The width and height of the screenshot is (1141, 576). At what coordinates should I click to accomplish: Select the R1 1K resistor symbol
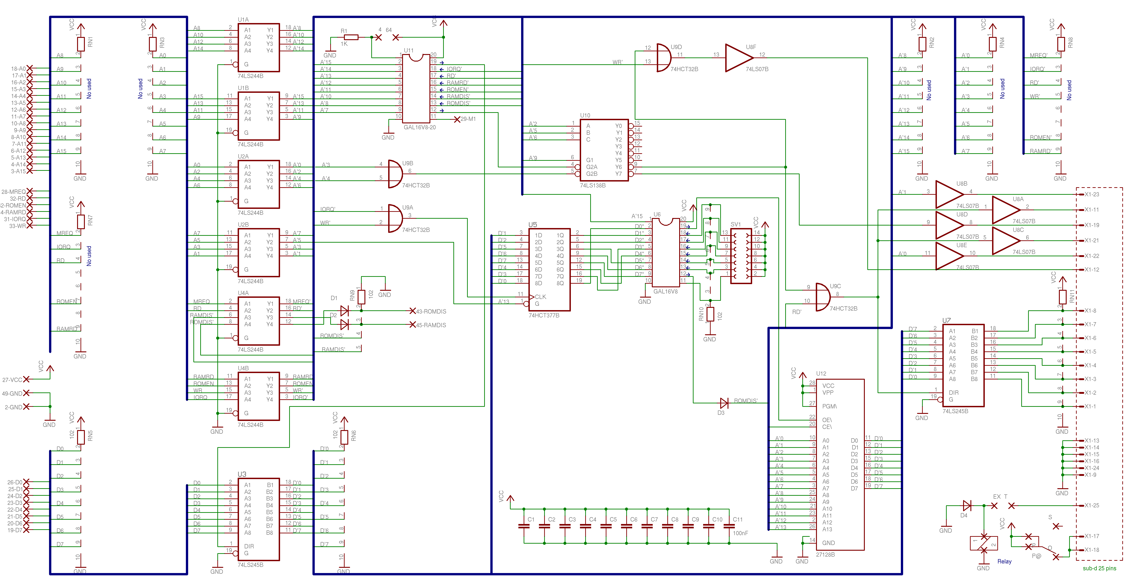click(351, 37)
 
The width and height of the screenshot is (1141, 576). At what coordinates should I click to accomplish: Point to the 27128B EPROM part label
click(825, 554)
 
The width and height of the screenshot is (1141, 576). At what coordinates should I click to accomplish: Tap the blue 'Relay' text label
click(1004, 561)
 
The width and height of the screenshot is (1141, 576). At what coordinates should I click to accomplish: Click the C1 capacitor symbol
click(524, 526)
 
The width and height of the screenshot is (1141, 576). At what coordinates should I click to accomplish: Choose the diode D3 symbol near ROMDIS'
click(724, 403)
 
